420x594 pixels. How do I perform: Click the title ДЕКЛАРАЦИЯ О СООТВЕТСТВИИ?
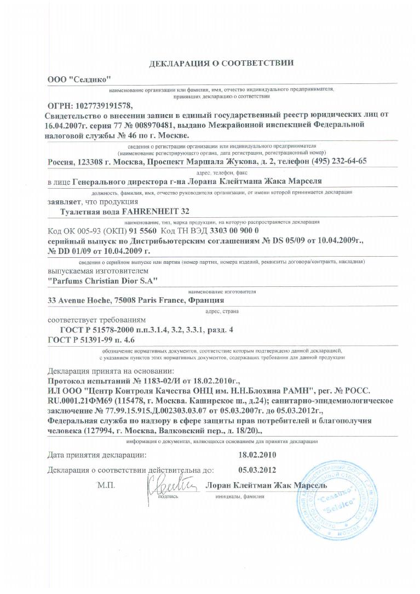221,63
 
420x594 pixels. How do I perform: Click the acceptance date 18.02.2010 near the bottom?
257,455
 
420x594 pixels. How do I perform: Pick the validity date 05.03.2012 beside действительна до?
257,470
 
